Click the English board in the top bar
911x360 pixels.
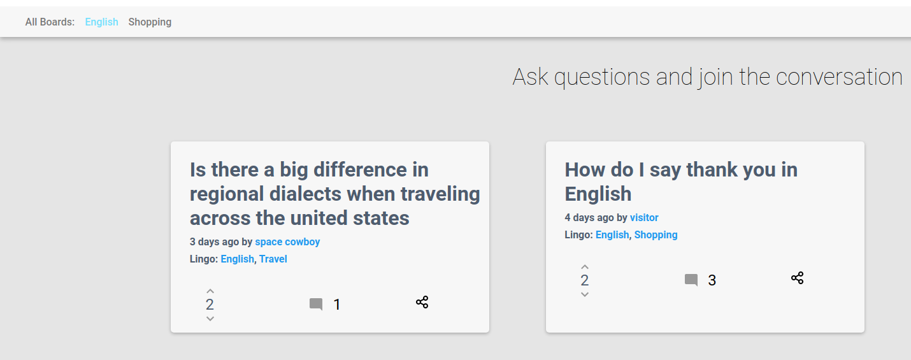[x=102, y=22]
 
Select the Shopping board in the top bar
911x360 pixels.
[x=150, y=22]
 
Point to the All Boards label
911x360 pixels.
[x=50, y=22]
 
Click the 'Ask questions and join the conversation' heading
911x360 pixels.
[x=707, y=76]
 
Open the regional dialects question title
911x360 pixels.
[x=334, y=194]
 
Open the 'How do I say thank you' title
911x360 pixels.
[x=681, y=182]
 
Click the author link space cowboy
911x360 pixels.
[x=287, y=241]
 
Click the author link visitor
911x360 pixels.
[x=644, y=218]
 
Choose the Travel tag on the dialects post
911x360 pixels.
[x=273, y=259]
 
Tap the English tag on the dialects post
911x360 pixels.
[x=238, y=259]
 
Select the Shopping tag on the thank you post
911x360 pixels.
[x=656, y=234]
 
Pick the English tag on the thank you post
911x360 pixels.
[x=612, y=234]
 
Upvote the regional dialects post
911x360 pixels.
[x=210, y=291]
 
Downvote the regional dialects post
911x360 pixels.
[x=210, y=319]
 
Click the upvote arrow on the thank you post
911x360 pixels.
[x=585, y=267]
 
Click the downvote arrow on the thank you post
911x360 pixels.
[x=585, y=294]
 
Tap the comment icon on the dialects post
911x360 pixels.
[x=316, y=305]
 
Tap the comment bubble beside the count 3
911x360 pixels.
[x=691, y=280]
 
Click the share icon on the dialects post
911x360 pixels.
[x=422, y=302]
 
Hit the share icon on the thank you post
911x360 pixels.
[x=797, y=278]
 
